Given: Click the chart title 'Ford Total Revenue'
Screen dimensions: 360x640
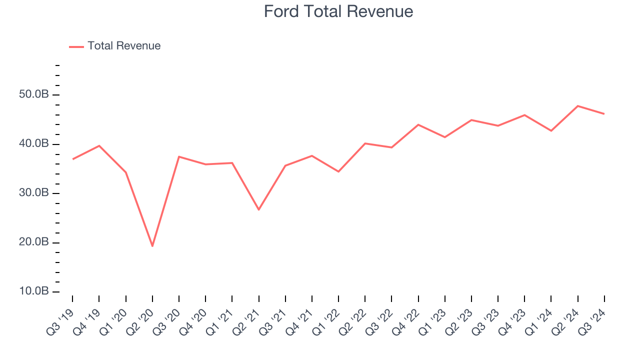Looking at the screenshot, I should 338,11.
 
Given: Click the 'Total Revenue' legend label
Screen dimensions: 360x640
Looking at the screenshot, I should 124,46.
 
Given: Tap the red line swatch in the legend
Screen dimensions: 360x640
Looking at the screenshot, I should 76,46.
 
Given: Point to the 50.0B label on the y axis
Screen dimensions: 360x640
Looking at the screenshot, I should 34,95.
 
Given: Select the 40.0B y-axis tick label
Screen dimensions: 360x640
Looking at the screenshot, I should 34,144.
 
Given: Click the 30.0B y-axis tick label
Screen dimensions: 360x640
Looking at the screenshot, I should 34,193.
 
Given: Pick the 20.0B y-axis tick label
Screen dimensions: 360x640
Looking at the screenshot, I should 34,242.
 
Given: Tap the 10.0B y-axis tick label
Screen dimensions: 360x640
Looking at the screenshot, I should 34,291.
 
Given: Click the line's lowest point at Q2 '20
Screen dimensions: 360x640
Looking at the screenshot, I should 152,246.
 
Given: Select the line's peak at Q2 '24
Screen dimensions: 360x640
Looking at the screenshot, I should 578,106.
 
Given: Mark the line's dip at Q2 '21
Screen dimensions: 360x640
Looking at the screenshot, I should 258,209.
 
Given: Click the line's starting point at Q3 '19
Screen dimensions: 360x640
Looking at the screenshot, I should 72,159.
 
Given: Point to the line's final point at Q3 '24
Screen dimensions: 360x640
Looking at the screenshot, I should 604,114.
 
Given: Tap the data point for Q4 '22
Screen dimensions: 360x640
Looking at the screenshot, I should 418,124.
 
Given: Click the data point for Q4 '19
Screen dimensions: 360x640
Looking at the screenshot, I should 99,145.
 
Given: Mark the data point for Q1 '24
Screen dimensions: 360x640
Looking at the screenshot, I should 551,130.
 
